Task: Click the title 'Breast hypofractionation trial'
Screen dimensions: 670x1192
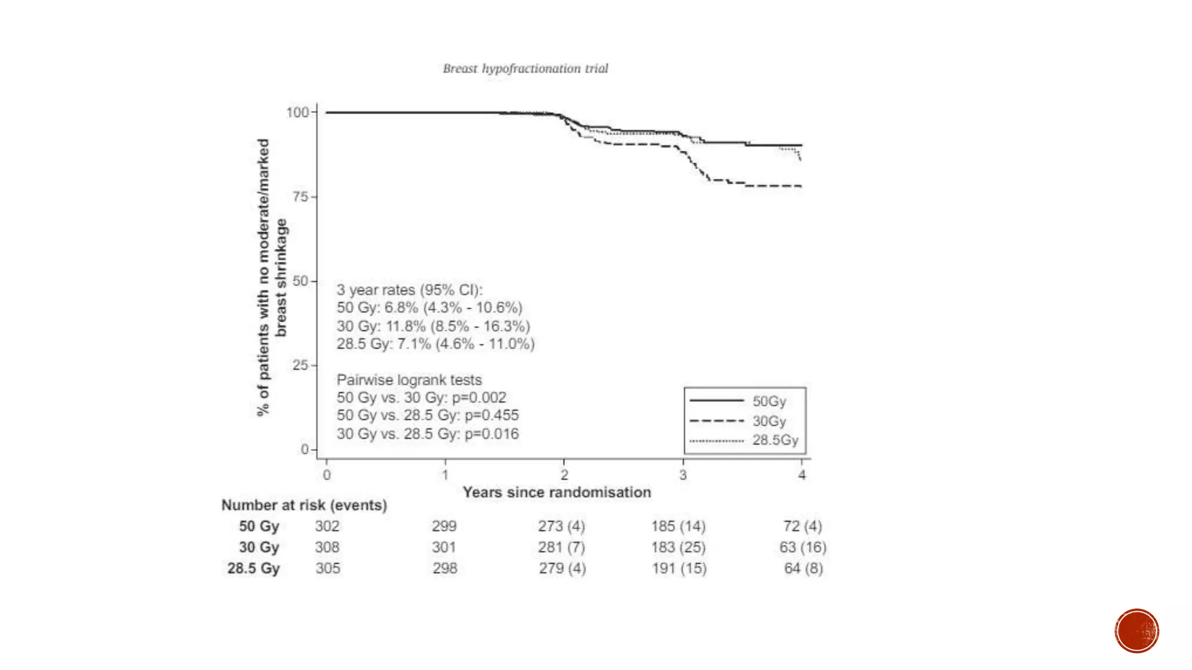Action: (x=525, y=69)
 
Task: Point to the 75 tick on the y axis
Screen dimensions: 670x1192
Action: (x=300, y=197)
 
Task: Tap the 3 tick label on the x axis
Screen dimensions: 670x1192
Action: (x=683, y=475)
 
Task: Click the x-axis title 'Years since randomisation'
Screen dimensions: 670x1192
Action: (x=557, y=492)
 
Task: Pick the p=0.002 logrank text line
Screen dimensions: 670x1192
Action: (x=421, y=398)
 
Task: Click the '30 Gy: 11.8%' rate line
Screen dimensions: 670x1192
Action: (x=433, y=326)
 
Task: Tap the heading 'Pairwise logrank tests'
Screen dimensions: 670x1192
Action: (x=409, y=380)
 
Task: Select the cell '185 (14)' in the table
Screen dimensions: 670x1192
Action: (x=678, y=526)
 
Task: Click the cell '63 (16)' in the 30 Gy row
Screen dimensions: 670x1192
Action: (x=803, y=547)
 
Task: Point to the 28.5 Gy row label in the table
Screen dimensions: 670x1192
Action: (x=253, y=568)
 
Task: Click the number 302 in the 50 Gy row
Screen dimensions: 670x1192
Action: (x=327, y=526)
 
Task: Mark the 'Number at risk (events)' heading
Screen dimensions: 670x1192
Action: (x=304, y=505)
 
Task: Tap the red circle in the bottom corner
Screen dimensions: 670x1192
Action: (x=1137, y=631)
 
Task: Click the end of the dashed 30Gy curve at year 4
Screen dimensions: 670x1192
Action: (x=801, y=186)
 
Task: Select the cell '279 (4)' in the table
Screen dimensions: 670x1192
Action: (x=562, y=568)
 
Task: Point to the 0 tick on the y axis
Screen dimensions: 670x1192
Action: (x=305, y=449)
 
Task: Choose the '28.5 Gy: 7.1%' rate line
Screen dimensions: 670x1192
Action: (x=435, y=344)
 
